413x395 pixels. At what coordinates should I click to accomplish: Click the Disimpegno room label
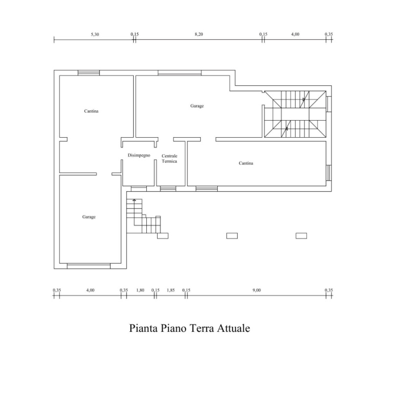[x=139, y=155]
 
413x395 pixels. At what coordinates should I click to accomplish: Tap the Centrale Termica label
[x=169, y=159]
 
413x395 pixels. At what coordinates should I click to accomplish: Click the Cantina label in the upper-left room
[x=91, y=111]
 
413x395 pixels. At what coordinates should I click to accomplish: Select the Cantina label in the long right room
[x=246, y=163]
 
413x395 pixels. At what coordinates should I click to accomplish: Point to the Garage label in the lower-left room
[x=89, y=217]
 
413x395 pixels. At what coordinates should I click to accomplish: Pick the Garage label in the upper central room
[x=197, y=106]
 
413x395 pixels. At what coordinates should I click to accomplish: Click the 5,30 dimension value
[x=95, y=34]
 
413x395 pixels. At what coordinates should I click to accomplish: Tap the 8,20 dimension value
[x=199, y=34]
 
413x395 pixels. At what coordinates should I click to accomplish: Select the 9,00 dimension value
[x=256, y=290]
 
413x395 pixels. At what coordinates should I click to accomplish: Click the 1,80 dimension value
[x=140, y=290]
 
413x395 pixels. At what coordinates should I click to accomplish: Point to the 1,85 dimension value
[x=171, y=290]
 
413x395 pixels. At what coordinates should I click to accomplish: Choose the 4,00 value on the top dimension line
[x=295, y=34]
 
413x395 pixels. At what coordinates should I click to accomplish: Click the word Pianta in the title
[x=143, y=328]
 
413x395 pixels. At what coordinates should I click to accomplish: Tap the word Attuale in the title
[x=233, y=328]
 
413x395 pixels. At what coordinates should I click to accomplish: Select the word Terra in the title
[x=202, y=328]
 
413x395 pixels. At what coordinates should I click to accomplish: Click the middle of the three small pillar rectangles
[x=232, y=236]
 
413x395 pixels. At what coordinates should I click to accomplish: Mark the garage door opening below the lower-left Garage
[x=89, y=266]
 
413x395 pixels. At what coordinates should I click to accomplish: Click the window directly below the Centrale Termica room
[x=168, y=189]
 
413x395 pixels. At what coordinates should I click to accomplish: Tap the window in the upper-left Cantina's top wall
[x=89, y=73]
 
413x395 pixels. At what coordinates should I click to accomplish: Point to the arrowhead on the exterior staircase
[x=135, y=200]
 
